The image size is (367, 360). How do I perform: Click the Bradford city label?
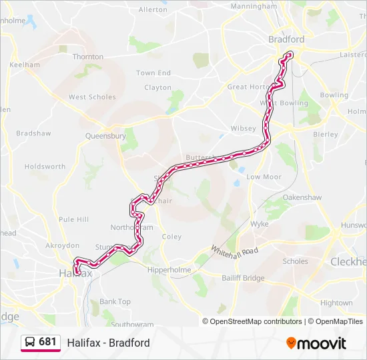click(x=286, y=39)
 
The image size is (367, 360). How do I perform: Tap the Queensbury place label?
click(x=105, y=136)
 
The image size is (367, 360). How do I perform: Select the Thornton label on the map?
click(x=88, y=57)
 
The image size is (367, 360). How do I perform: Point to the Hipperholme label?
click(x=169, y=270)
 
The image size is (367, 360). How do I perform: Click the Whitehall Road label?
click(x=234, y=251)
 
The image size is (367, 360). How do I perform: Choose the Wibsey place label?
click(x=243, y=128)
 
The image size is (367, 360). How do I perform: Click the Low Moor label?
click(x=264, y=177)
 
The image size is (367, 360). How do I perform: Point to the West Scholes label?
click(x=92, y=97)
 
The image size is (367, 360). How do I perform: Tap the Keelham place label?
click(x=25, y=65)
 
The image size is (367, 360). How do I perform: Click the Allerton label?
click(x=153, y=10)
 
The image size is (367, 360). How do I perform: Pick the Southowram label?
click(x=132, y=325)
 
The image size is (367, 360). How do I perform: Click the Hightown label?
click(x=336, y=303)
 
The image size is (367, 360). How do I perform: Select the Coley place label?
click(x=171, y=237)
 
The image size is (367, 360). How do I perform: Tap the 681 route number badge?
click(x=47, y=342)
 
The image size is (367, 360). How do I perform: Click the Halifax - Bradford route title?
click(x=108, y=343)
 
